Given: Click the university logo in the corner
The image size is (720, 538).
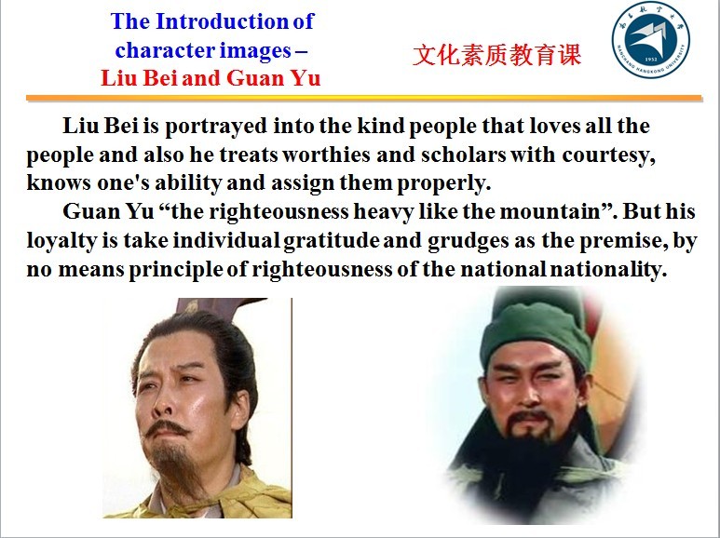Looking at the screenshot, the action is click(x=651, y=39).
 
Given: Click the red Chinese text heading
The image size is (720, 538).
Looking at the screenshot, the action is click(x=496, y=55).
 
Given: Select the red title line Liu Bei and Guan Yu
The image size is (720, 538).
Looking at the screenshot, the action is click(x=211, y=78).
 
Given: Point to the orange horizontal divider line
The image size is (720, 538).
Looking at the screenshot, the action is click(x=364, y=98).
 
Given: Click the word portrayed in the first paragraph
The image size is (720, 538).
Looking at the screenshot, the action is click(x=216, y=127).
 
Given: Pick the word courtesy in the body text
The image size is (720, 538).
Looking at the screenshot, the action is click(x=609, y=155).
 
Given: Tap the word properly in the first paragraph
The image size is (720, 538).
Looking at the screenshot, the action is click(x=444, y=183).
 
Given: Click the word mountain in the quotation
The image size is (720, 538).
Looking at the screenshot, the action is click(x=557, y=211).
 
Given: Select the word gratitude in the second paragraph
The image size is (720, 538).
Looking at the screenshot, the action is click(x=331, y=241).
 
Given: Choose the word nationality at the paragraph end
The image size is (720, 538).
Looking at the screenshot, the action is click(x=608, y=269).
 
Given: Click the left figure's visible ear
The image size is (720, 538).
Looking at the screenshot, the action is click(x=239, y=409).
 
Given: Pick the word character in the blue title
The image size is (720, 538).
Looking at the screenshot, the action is click(x=164, y=50).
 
